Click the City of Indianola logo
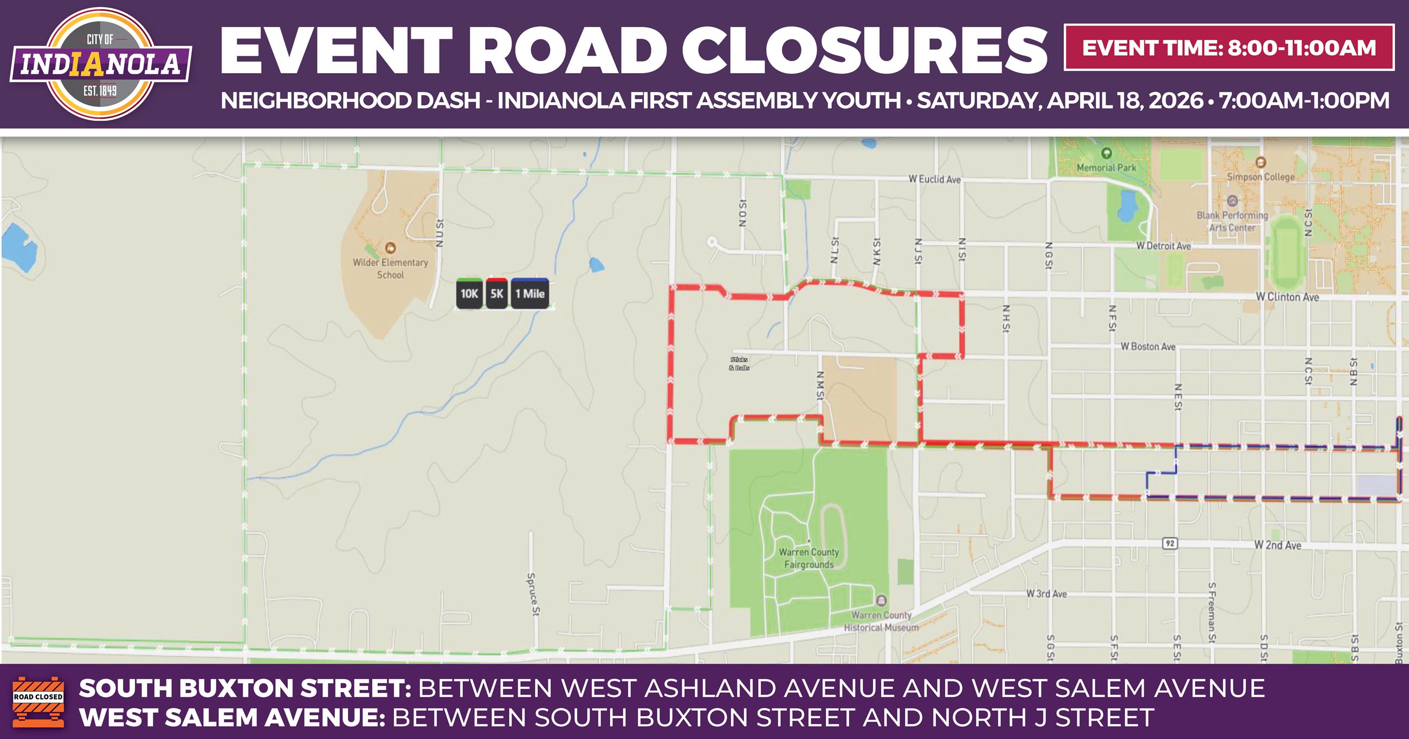tap(100, 63)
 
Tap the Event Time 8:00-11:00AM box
tap(1229, 48)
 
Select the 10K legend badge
tap(469, 294)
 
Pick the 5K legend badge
tap(496, 294)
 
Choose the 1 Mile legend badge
tap(529, 294)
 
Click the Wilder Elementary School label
tap(390, 269)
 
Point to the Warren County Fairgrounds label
tap(809, 558)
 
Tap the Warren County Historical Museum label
tap(881, 622)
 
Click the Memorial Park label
tap(1107, 168)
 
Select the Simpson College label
tap(1260, 176)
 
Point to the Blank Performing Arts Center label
tap(1232, 221)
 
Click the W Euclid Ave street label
tap(934, 179)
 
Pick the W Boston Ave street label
tap(1148, 346)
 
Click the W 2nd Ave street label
tap(1277, 545)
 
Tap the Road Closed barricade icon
tap(38, 701)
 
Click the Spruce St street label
tap(531, 596)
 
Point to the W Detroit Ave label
tap(1164, 246)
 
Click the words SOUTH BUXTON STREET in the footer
tap(244, 688)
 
